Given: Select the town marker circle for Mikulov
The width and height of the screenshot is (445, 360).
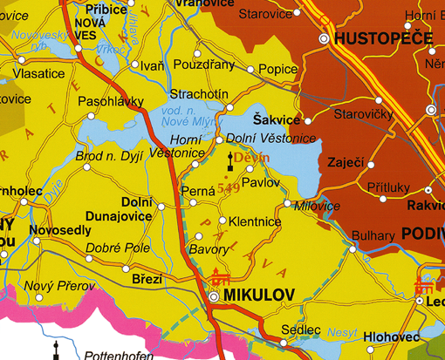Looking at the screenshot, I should tap(214, 296).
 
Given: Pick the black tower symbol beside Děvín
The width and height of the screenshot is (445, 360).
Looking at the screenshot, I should tap(231, 160).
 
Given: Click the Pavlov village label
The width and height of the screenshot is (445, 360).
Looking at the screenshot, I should tap(261, 184).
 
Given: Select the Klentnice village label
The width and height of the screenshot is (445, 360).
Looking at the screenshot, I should tap(255, 222).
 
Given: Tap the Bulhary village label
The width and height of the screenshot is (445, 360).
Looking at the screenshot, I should tap(373, 236).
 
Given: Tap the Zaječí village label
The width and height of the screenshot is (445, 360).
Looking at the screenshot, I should tap(345, 162).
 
